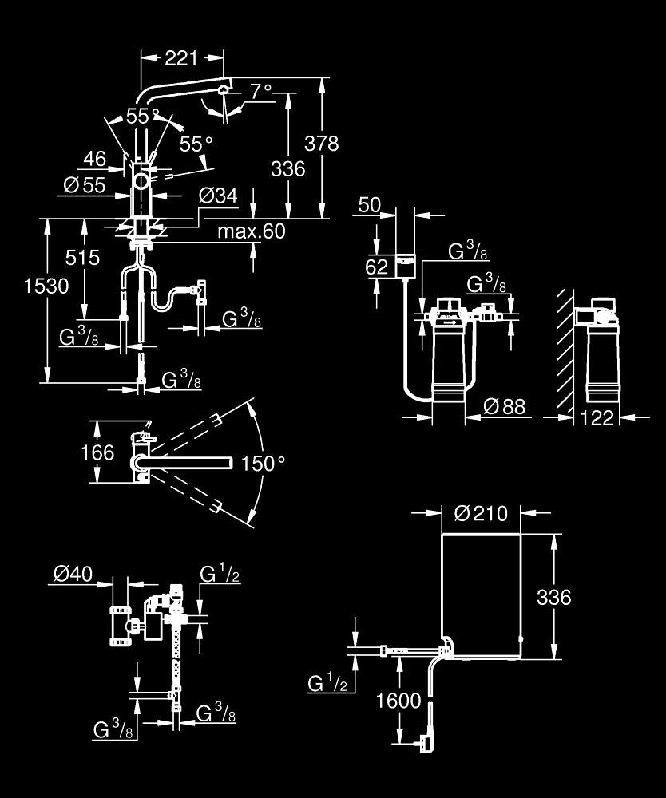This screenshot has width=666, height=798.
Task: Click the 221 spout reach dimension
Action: tap(180, 58)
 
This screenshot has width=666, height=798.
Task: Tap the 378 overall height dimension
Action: tap(321, 144)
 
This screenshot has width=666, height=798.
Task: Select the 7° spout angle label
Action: tap(261, 92)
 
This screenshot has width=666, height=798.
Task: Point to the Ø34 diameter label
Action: tap(218, 196)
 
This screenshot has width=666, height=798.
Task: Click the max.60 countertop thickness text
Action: tap(252, 231)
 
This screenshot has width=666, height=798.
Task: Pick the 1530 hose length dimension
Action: tap(46, 286)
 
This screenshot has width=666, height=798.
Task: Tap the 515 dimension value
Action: tap(82, 258)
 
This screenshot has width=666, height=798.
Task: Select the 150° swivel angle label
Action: tap(263, 464)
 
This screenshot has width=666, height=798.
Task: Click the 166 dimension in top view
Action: tap(97, 452)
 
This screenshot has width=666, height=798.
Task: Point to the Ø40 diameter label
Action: tap(73, 574)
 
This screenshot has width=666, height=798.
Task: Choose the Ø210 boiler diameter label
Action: tap(482, 513)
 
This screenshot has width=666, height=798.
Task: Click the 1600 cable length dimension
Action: tap(398, 701)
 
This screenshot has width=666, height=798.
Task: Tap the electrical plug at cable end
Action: tap(424, 742)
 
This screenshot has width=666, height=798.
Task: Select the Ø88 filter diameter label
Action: tap(504, 407)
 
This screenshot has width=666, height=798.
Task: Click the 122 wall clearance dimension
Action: tap(597, 418)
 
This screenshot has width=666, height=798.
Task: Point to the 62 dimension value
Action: tap(377, 267)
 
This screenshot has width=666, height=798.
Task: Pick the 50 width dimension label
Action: tap(370, 205)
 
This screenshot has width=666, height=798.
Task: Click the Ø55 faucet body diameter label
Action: tap(85, 185)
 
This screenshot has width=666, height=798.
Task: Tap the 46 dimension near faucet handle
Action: tap(95, 160)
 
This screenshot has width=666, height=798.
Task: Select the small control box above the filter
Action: tap(406, 266)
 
